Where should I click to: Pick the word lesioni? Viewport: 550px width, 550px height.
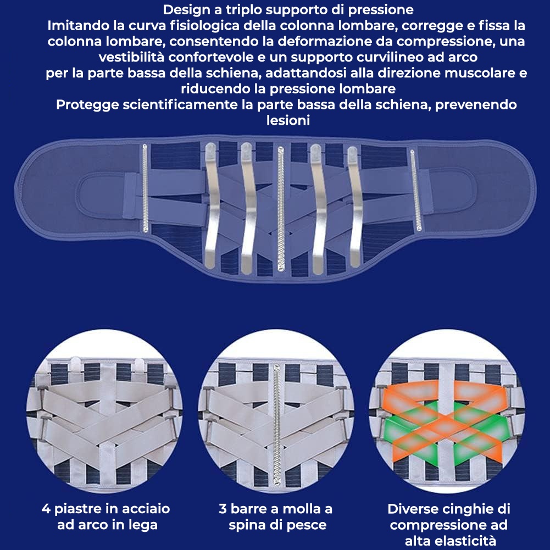point(288,121)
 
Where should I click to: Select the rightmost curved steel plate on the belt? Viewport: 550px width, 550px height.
point(353,206)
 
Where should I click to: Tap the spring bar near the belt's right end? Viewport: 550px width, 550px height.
point(413,192)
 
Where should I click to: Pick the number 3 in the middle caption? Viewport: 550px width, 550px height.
point(222,509)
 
